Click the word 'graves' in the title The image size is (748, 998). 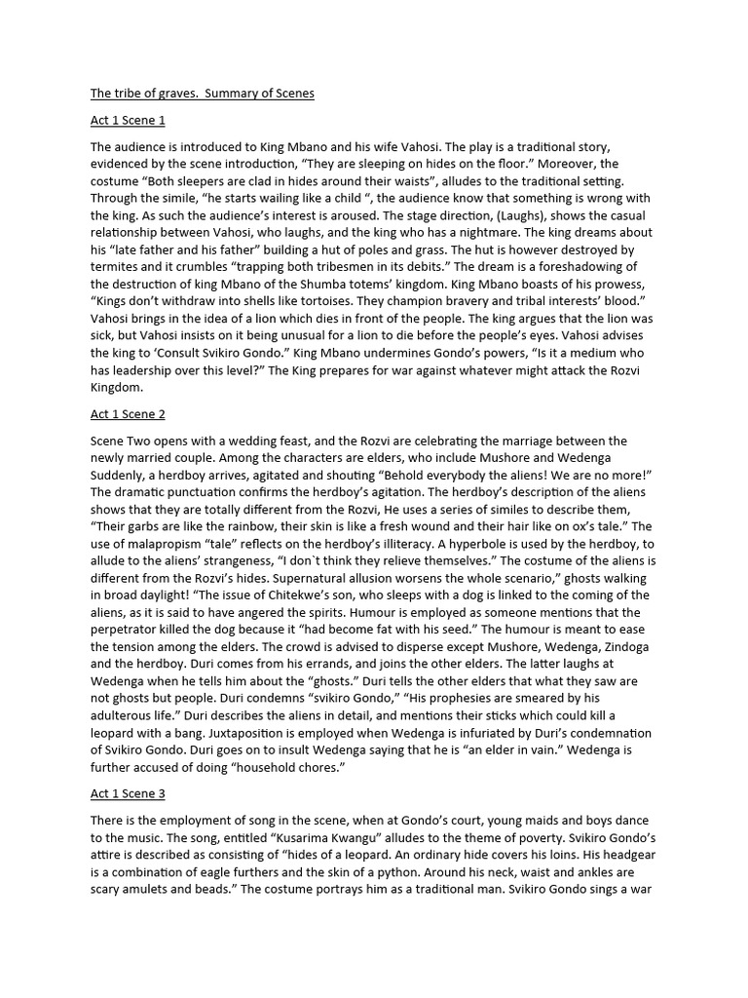[174, 94]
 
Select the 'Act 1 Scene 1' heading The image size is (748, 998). [128, 121]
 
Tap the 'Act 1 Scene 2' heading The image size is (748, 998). [128, 414]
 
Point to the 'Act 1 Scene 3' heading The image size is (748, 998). [128, 794]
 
